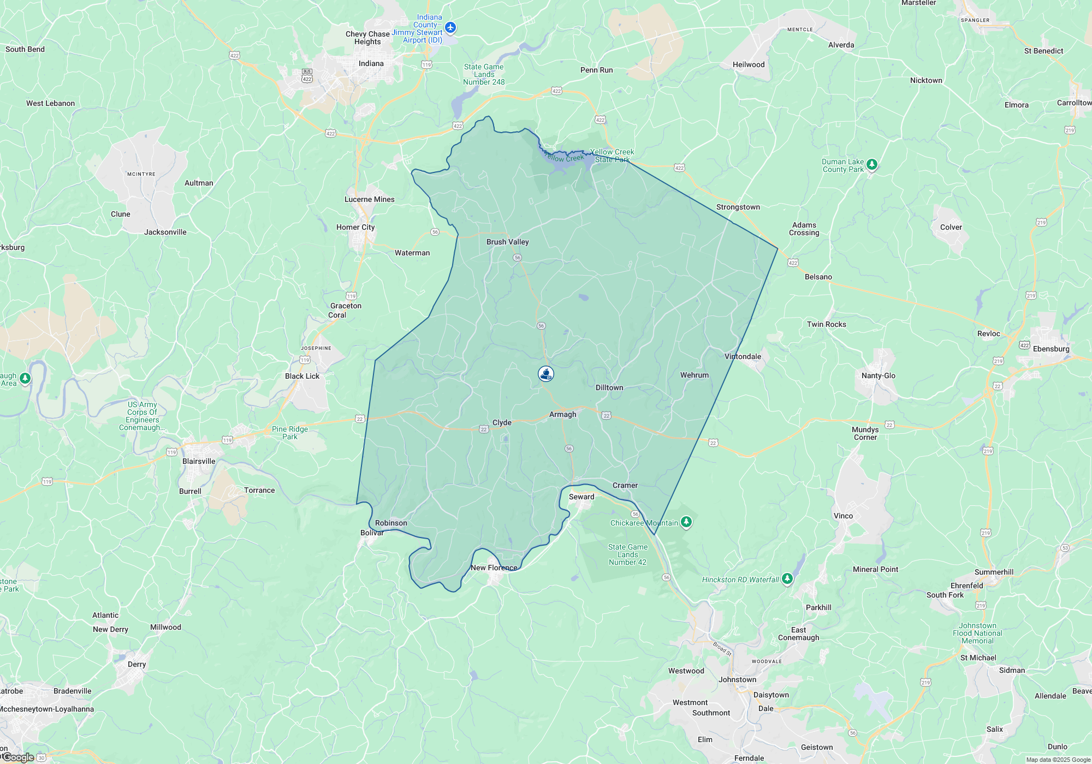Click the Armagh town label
coord(562,414)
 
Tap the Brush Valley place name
coord(507,242)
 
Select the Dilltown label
coord(609,387)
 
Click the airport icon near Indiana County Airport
coord(450,27)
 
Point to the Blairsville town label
coord(199,461)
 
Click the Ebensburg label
coord(1051,349)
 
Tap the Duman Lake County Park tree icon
coord(872,164)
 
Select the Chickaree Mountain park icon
coord(686,522)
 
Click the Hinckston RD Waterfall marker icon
coord(787,578)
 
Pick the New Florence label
coord(494,568)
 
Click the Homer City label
coord(355,227)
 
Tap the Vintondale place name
coord(743,356)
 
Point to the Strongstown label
coord(738,207)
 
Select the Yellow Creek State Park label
coord(612,156)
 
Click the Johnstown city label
coord(737,679)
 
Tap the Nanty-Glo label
coord(878,375)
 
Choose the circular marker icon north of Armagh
coord(546,374)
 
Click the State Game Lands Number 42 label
coord(627,554)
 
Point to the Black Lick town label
coord(302,376)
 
